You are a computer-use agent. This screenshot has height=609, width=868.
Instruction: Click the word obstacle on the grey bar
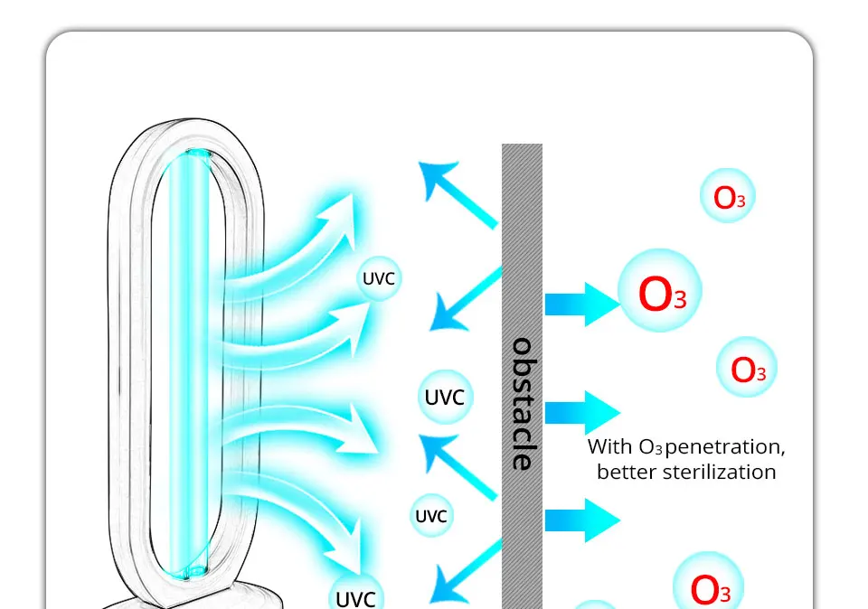[522, 404]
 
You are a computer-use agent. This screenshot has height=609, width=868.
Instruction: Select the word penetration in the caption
[724, 447]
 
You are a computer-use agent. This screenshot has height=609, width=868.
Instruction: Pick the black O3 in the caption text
[650, 447]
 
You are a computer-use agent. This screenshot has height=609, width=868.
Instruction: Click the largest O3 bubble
[660, 290]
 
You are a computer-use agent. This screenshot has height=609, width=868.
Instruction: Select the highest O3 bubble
[727, 196]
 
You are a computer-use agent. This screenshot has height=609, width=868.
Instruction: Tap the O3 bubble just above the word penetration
[747, 367]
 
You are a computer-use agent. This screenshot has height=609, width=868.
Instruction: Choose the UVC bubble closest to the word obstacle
[445, 398]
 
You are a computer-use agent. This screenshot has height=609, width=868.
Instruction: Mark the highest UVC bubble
[379, 278]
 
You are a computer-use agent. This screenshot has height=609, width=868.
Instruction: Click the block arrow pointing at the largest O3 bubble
[582, 304]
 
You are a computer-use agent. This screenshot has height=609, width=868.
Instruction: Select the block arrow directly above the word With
[582, 413]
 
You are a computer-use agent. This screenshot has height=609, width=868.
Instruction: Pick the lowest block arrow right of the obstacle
[582, 520]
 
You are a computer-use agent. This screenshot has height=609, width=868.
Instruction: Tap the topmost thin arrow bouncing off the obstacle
[458, 193]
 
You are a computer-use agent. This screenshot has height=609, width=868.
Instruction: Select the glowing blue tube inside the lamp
[188, 365]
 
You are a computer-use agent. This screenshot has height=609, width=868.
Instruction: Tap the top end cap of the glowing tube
[198, 154]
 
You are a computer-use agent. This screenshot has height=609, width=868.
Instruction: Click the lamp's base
[193, 596]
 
